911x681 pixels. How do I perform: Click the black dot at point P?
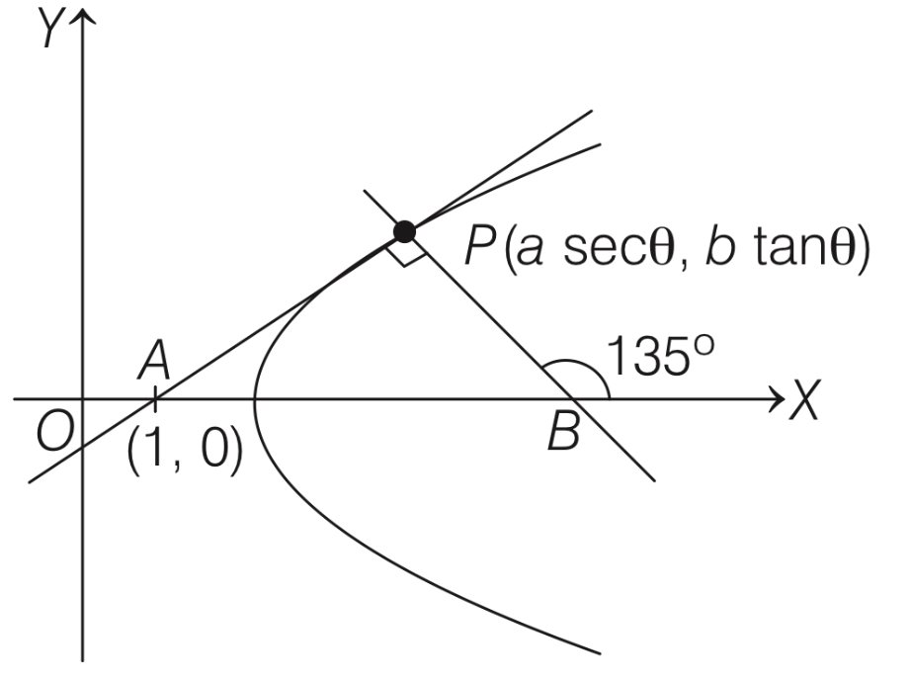(403, 232)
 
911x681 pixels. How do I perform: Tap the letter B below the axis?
(562, 433)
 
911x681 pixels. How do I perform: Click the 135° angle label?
(660, 358)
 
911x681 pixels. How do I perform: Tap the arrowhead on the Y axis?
(83, 18)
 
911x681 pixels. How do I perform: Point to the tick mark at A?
(155, 400)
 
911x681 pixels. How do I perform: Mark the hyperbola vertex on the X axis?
(256, 400)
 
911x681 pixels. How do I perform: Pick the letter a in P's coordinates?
(534, 254)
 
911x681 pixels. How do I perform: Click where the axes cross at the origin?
(83, 400)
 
